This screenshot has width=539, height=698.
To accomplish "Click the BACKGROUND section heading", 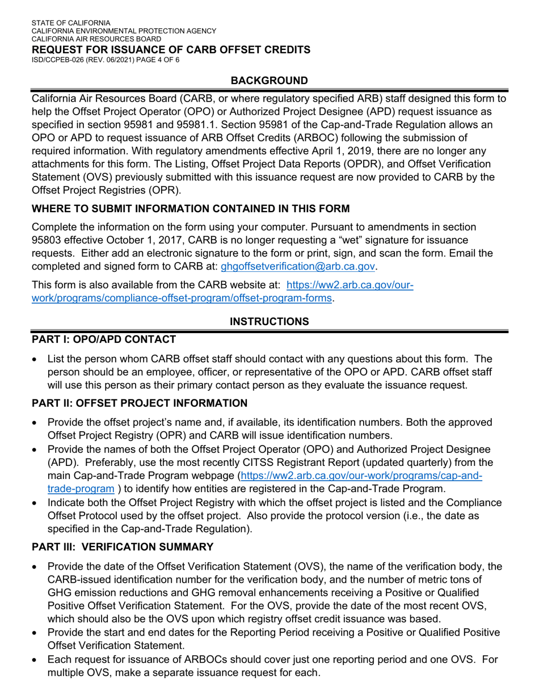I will click(269, 81).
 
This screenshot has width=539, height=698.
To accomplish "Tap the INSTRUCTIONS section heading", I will click(269, 322).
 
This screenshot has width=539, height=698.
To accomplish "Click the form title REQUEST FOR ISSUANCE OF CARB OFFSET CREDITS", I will click(171, 49).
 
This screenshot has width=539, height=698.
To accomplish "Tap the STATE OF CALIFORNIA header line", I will click(71, 23).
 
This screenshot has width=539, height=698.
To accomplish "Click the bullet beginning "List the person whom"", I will click(267, 372).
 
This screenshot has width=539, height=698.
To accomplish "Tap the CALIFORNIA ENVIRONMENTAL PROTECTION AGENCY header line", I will click(124, 31).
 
